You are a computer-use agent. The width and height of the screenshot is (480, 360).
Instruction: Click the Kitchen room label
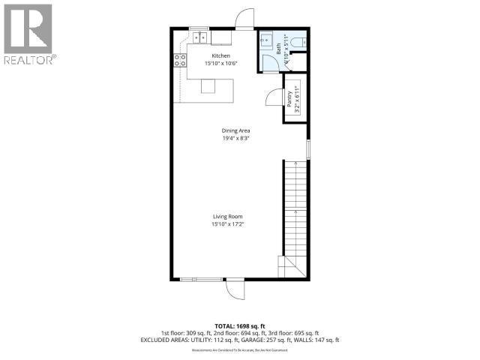pyautogui.click(x=220, y=56)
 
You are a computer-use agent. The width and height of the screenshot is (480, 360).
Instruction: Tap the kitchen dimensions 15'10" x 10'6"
pyautogui.click(x=220, y=64)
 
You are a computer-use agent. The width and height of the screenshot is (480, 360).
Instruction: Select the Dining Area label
pyautogui.click(x=235, y=130)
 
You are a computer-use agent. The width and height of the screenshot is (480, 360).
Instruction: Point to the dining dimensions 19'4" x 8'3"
pyautogui.click(x=235, y=138)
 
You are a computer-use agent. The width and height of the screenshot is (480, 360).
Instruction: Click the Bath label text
pyautogui.click(x=278, y=50)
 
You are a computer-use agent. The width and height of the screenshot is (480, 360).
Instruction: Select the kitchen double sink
pyautogui.click(x=199, y=37)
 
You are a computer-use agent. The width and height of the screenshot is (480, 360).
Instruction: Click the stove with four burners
pyautogui.click(x=180, y=60)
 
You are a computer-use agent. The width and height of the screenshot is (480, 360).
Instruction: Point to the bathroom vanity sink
pyautogui.click(x=265, y=42)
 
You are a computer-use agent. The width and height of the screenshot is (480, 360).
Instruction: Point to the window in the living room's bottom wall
pyautogui.click(x=201, y=280)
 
